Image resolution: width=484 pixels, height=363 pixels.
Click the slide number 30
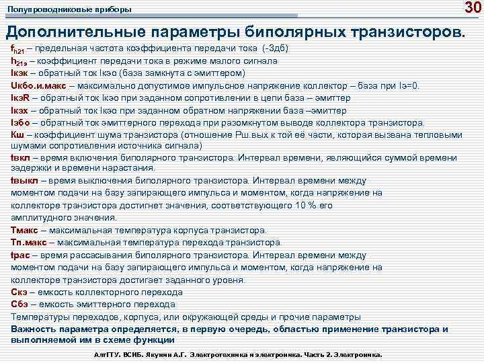pyautogui.click(x=471, y=8)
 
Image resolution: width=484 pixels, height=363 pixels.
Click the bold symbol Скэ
pyautogui.click(x=19, y=292)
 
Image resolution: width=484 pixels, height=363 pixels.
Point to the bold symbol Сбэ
pyautogui.click(x=19, y=304)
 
